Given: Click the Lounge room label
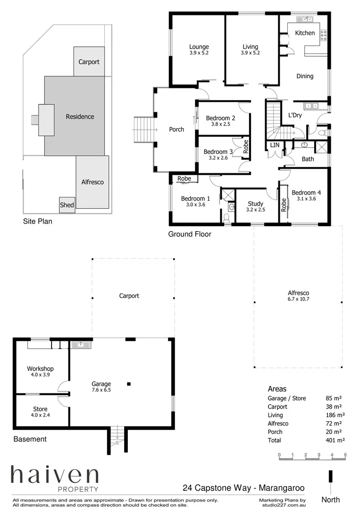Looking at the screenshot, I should point(199,47).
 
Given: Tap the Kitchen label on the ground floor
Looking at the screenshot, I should point(304,33).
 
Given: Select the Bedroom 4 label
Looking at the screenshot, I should point(306,193).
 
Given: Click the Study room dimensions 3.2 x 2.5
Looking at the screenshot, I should point(255,210).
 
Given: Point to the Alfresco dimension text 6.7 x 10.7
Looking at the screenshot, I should point(298,299).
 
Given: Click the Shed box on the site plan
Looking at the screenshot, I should point(67,205).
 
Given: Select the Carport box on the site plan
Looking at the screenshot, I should point(89,62).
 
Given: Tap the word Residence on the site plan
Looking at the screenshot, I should point(80,117).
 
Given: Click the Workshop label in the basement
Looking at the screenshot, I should point(40,369).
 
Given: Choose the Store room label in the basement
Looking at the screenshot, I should point(40,409).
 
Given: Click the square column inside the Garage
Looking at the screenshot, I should point(128,384).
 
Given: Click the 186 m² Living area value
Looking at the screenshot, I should point(335,415).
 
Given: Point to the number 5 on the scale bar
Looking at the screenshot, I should point(345,455).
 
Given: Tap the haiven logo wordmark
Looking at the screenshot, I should point(55,476).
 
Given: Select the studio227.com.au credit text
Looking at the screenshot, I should point(283,505).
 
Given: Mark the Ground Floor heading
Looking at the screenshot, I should point(190,234).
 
